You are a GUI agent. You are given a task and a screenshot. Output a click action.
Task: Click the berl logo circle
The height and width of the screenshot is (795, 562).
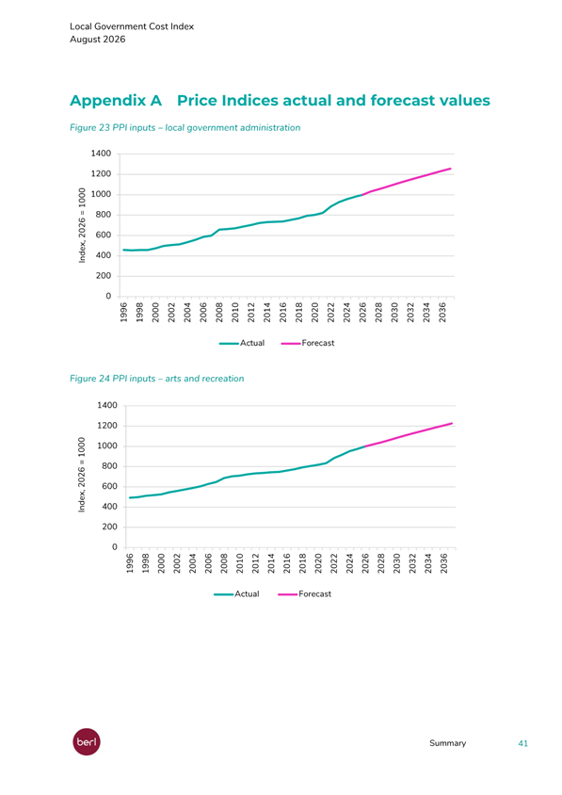coord(87,741)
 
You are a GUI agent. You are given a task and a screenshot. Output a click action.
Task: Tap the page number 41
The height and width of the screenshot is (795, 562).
coord(523,743)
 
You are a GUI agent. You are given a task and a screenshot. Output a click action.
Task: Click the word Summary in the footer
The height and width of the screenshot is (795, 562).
coord(447,743)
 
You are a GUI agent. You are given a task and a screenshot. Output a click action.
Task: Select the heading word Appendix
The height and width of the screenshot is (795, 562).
coord(116,101)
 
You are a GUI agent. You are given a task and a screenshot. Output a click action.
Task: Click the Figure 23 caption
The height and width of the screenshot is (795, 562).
coord(185,128)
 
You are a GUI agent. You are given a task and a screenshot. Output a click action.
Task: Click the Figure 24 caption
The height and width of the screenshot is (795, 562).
coord(156,379)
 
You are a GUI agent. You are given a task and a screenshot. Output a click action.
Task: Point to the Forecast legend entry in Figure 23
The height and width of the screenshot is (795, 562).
coord(308,343)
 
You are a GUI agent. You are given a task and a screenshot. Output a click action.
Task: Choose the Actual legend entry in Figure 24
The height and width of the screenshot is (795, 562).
coord(236,594)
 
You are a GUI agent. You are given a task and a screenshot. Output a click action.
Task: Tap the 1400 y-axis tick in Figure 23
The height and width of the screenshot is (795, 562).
coord(101,154)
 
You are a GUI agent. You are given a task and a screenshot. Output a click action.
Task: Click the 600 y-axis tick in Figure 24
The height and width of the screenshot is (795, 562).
coord(109,486)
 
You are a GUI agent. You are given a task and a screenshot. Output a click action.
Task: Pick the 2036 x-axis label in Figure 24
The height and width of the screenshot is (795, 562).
coord(444,563)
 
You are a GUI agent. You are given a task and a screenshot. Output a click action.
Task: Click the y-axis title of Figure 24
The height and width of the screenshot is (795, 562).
coord(82,475)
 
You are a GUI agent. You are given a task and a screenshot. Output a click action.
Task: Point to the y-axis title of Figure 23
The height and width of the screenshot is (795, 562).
coord(82,225)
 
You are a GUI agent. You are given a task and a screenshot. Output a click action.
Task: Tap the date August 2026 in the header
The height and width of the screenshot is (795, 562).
coord(97,40)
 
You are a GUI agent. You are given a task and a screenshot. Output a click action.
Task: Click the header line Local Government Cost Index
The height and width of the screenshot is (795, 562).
coord(132,26)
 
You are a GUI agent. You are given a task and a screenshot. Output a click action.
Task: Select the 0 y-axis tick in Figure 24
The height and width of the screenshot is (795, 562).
coord(115,547)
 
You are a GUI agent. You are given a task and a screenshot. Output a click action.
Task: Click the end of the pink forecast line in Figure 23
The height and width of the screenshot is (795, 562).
coord(451,169)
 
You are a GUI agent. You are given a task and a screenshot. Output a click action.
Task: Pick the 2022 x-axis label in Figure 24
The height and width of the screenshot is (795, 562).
coord(334,563)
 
